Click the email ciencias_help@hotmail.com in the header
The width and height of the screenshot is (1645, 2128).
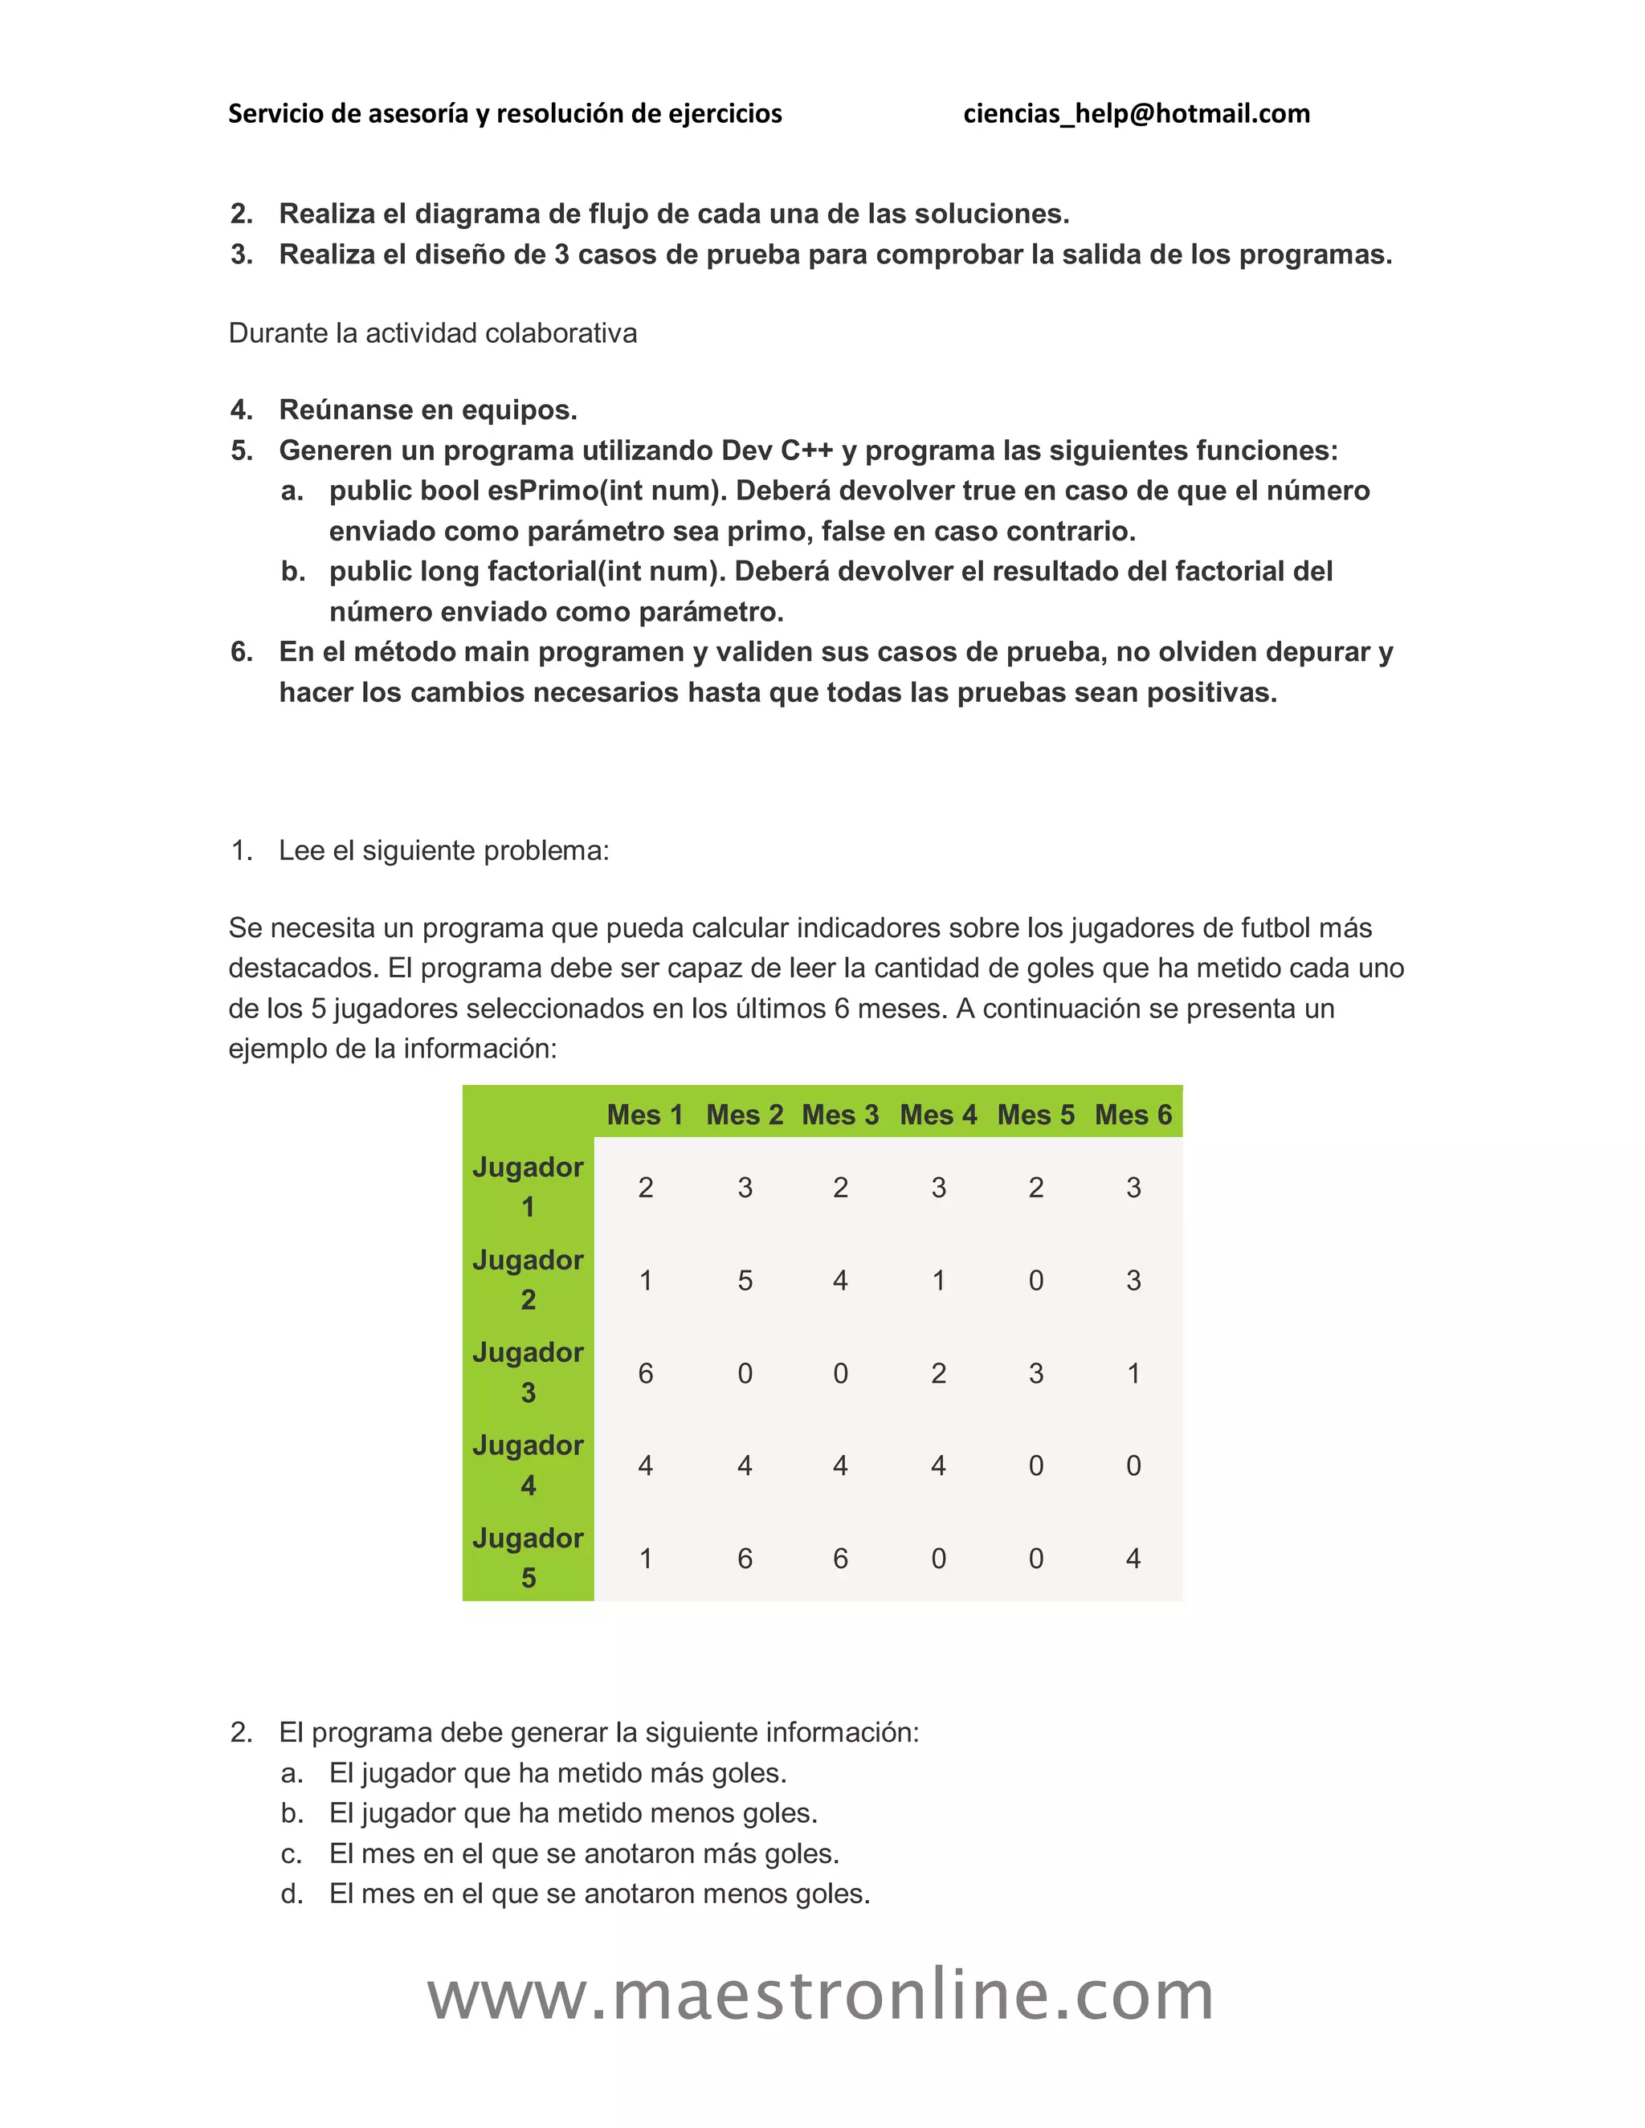(1137, 114)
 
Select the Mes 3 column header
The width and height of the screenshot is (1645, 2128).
(840, 1115)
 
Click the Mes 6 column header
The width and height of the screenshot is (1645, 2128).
(1133, 1115)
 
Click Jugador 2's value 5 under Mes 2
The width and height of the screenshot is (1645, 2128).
(745, 1280)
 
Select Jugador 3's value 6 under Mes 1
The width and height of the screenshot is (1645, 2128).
(645, 1373)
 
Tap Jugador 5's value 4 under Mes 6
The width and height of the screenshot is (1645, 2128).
(1133, 1558)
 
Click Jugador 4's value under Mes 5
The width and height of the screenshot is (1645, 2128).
(1036, 1466)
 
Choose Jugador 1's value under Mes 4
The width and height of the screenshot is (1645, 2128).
(938, 1188)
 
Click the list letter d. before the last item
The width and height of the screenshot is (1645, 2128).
(292, 1894)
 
